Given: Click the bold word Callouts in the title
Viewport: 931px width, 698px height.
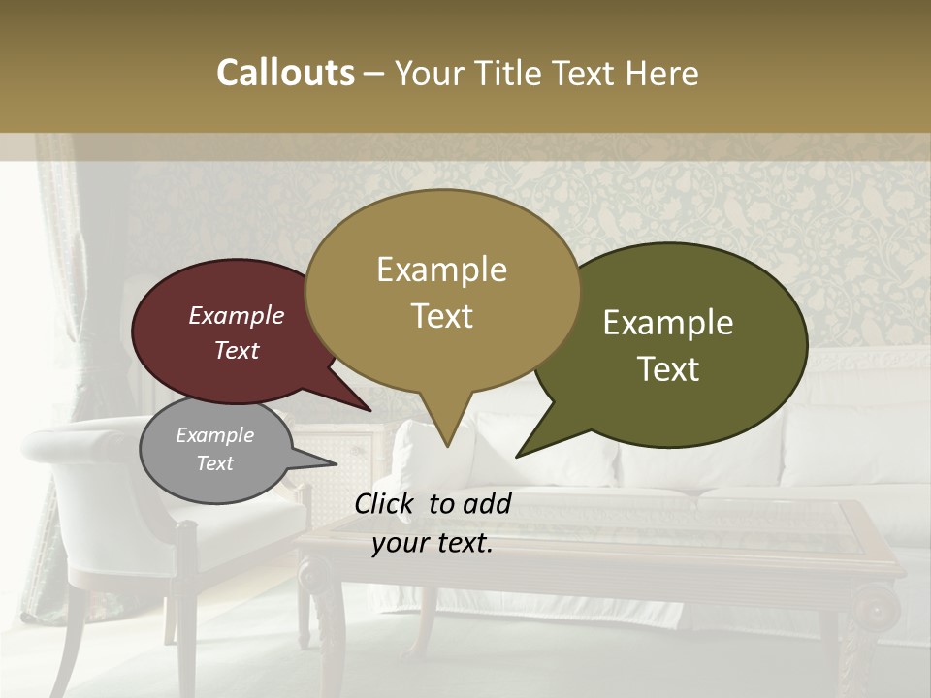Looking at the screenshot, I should click(x=285, y=73).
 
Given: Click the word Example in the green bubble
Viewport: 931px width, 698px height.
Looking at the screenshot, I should click(x=668, y=323).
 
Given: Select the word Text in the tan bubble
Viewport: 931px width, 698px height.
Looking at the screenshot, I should click(x=442, y=316).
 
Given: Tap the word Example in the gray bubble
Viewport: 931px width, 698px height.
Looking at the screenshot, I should click(x=214, y=435).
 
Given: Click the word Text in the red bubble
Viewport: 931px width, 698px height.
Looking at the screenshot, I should click(x=237, y=350).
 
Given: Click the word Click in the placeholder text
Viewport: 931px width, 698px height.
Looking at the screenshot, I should click(x=387, y=503).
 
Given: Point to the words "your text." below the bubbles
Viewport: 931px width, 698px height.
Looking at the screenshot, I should click(x=433, y=543).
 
